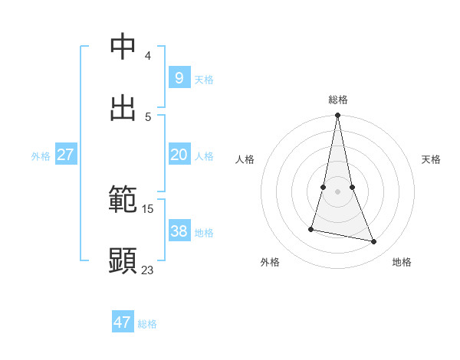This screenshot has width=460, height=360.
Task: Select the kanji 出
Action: pos(123,107)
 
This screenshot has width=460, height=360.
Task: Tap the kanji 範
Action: pos(123,200)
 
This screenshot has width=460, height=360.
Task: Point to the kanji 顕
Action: pos(123,260)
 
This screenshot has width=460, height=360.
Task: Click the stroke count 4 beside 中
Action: pos(147,55)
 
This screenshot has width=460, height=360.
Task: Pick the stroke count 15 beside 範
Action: pos(148,208)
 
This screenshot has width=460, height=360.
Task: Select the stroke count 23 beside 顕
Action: pos(148,270)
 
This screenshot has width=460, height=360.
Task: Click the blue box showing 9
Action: pos(179,77)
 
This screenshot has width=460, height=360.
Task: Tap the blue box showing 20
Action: pos(179,154)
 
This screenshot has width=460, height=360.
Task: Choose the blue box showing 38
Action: pos(179,231)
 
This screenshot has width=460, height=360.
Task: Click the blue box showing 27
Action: pos(65,154)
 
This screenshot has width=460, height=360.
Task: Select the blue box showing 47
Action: pos(123,322)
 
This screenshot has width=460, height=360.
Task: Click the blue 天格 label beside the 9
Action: pos(204,80)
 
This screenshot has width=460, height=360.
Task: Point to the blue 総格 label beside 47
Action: pos(147,324)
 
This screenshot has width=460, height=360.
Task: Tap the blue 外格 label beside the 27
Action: pos(41,156)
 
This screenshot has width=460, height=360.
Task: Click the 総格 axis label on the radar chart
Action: pos(338,100)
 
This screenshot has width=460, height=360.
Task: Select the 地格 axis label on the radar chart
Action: pos(402,262)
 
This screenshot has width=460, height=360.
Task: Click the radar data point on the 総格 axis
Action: pos(338,116)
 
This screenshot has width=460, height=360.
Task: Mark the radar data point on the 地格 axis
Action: pos(374,242)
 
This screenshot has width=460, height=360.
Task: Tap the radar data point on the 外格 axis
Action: pos(312,229)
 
